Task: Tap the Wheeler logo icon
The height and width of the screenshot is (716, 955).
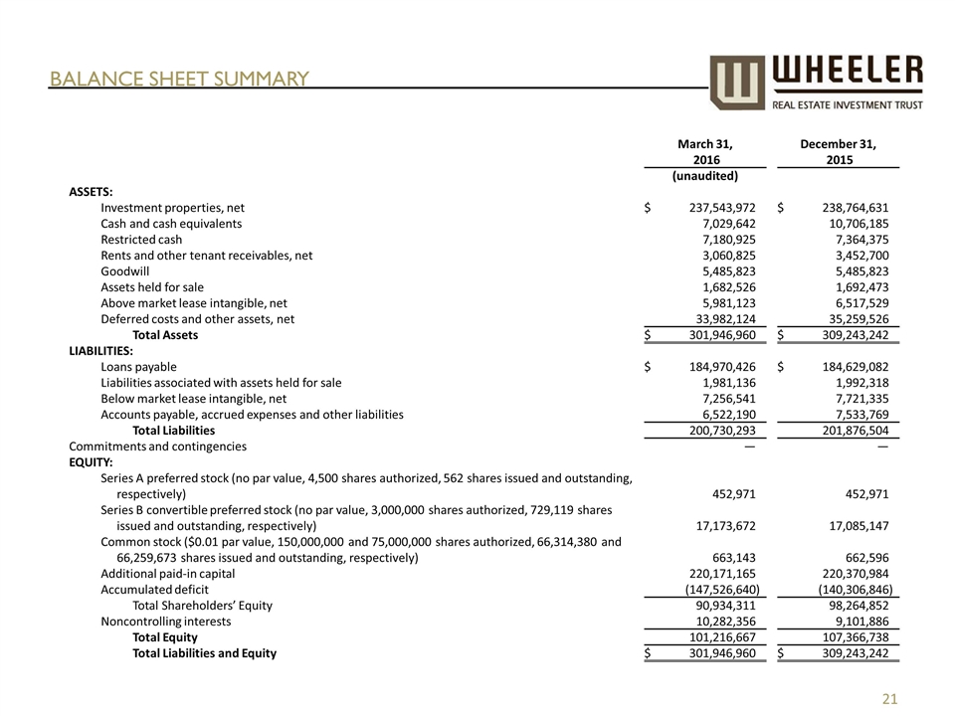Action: pos(737,82)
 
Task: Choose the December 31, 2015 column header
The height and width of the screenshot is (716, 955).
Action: pos(838,151)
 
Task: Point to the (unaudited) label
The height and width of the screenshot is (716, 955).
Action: pos(705,176)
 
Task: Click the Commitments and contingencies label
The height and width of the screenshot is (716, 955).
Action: pos(157,447)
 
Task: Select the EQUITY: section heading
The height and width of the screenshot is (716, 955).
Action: pos(91,462)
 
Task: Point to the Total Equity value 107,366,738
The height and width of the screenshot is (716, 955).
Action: pos(846,637)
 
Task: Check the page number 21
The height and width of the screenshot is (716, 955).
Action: pos(890,700)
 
